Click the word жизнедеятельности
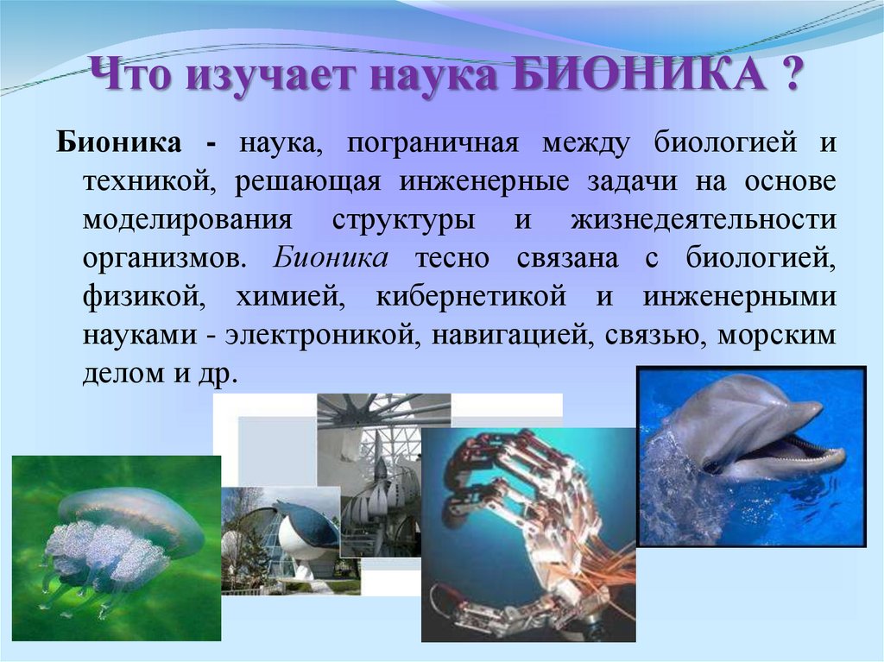tap(703, 219)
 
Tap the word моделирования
tap(187, 219)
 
